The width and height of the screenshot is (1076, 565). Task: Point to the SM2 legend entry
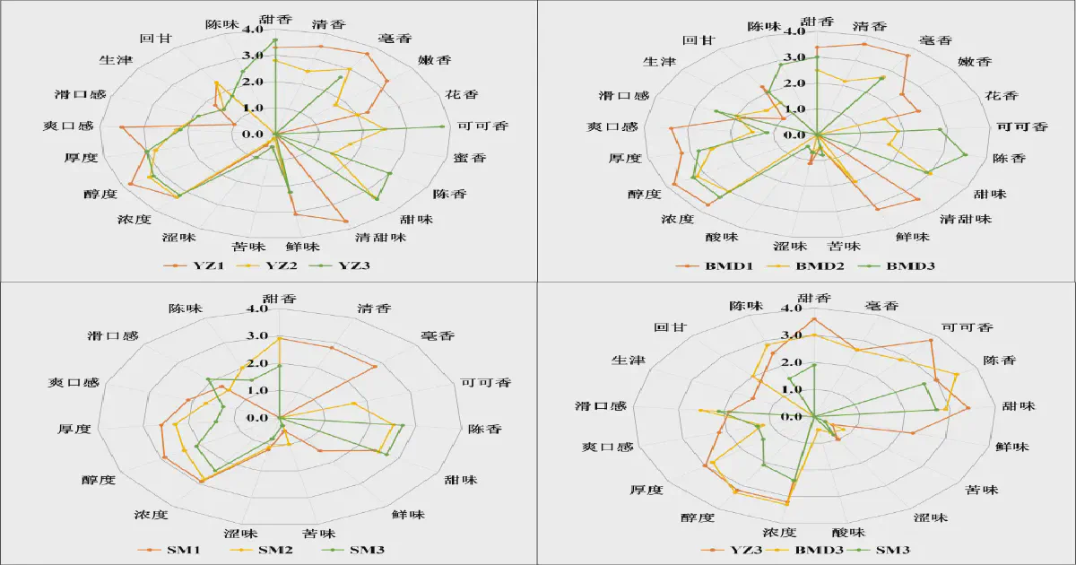[x=273, y=549]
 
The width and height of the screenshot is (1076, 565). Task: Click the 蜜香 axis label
[x=470, y=158]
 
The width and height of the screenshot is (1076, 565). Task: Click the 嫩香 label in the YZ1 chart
[x=435, y=61]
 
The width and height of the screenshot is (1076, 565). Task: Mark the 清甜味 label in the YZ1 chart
[x=381, y=238]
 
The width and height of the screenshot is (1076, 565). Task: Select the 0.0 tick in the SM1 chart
[x=258, y=417]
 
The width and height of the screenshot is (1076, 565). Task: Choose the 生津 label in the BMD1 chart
[x=660, y=62]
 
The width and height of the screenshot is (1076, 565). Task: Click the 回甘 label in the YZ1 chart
[x=152, y=39]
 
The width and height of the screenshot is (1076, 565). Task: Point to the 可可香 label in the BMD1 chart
[x=1021, y=126]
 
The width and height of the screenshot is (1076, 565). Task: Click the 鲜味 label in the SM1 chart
[x=408, y=515]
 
